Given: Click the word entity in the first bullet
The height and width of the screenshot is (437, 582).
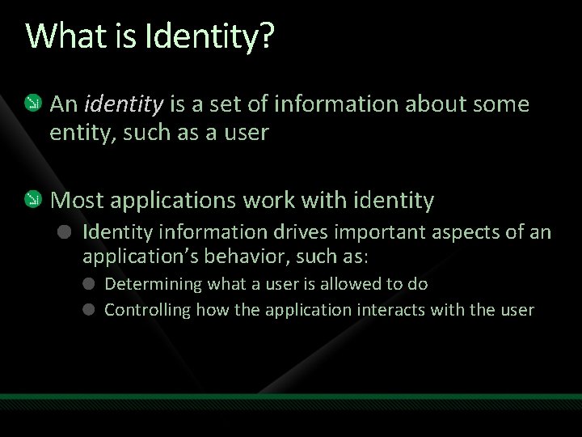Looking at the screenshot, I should (x=78, y=133).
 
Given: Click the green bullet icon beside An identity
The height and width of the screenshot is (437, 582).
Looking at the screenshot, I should (x=32, y=104).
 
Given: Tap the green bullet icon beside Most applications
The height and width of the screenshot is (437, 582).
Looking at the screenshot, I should (x=32, y=198).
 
